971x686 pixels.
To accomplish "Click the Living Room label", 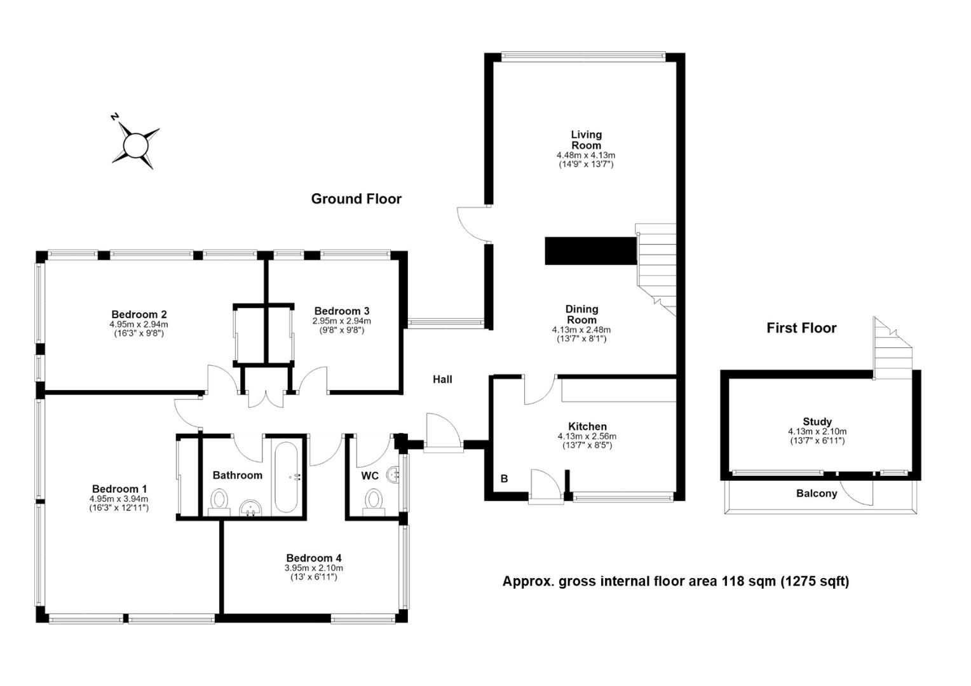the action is pos(586,140).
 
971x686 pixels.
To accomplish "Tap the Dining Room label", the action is pos(581,314).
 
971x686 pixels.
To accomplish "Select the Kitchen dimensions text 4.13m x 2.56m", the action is pos(587,436).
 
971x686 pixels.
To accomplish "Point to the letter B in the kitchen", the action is pos(504,479).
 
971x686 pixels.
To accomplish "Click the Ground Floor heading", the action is pos(356,199).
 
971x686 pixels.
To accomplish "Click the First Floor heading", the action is pos(801,328).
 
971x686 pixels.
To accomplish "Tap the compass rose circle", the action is pos(136,145).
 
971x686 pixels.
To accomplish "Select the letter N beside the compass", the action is pos(115,117).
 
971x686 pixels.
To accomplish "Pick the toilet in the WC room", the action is pos(373,502).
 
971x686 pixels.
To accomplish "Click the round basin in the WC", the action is pos(393,474).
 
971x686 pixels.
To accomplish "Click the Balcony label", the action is pos(817,494).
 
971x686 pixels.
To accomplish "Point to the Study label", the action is pos(817,422).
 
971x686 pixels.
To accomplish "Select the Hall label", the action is pos(442,380).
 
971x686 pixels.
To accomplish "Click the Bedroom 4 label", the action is pos(314,558).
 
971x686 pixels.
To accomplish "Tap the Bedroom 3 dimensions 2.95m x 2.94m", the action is pos(342,321).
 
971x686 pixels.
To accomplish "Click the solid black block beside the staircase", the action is pos(590,250).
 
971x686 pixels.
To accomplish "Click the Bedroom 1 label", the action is pos(119,489).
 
